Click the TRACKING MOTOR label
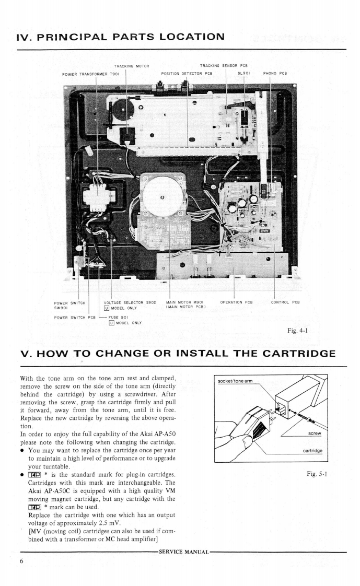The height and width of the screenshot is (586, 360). point(132,66)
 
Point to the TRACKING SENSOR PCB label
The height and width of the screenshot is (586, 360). point(223,66)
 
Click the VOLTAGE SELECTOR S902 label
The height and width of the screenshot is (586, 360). point(131,302)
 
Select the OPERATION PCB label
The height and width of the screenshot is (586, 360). point(236,302)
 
